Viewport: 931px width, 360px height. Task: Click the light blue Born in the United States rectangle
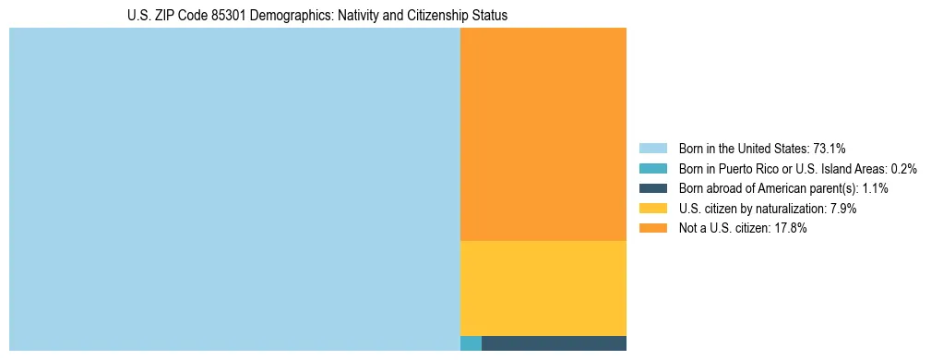point(234,189)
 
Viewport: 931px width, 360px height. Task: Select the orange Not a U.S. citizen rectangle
point(543,134)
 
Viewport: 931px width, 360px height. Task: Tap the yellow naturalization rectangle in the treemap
point(543,288)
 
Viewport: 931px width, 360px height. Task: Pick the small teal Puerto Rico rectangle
point(471,343)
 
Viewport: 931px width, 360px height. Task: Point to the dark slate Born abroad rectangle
point(554,343)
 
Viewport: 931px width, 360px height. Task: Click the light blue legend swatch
point(652,148)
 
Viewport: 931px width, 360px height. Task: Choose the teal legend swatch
point(652,168)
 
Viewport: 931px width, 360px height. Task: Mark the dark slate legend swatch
point(652,188)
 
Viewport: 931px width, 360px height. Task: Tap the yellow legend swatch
point(652,209)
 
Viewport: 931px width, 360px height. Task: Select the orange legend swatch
point(652,228)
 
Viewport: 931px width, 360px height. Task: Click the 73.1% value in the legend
point(830,148)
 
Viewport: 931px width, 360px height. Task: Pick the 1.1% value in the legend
point(875,188)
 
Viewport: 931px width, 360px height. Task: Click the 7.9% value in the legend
point(842,209)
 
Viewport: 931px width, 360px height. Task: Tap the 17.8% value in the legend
point(791,228)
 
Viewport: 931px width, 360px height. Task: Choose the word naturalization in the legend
point(788,209)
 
